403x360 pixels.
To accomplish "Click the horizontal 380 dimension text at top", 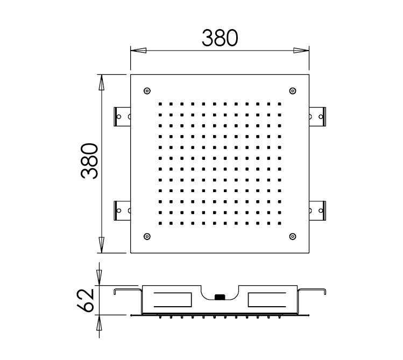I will [x=220, y=38].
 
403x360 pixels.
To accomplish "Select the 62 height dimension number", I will [x=86, y=299].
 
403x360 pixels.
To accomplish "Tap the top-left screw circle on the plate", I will [x=148, y=90].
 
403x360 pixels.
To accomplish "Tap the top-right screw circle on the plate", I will [x=292, y=90].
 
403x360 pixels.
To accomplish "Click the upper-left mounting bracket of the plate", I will [x=123, y=115].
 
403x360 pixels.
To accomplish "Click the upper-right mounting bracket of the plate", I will [x=317, y=115].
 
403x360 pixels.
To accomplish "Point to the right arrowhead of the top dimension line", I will [x=301, y=51].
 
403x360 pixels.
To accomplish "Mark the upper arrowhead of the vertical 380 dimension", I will [x=101, y=83].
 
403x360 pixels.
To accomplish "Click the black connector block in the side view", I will [x=220, y=296].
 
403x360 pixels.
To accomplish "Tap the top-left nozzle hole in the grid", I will [x=160, y=103].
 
